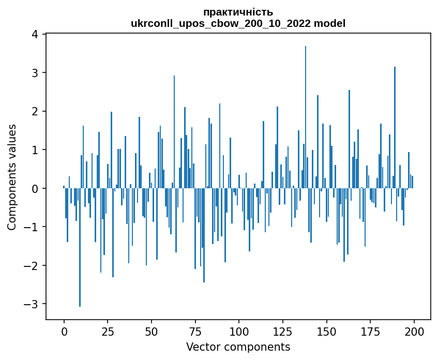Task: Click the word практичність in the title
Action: [x=238, y=12]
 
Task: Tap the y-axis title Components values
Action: [x=11, y=177]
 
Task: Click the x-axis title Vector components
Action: [x=238, y=347]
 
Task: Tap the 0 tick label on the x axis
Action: [x=64, y=331]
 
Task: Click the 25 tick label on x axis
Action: [x=108, y=331]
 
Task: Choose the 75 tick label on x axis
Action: [x=195, y=331]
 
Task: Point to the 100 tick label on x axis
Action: [x=239, y=331]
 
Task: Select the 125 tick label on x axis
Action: [x=283, y=331]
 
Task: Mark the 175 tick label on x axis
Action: [x=370, y=331]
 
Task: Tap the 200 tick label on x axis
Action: [x=414, y=331]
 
